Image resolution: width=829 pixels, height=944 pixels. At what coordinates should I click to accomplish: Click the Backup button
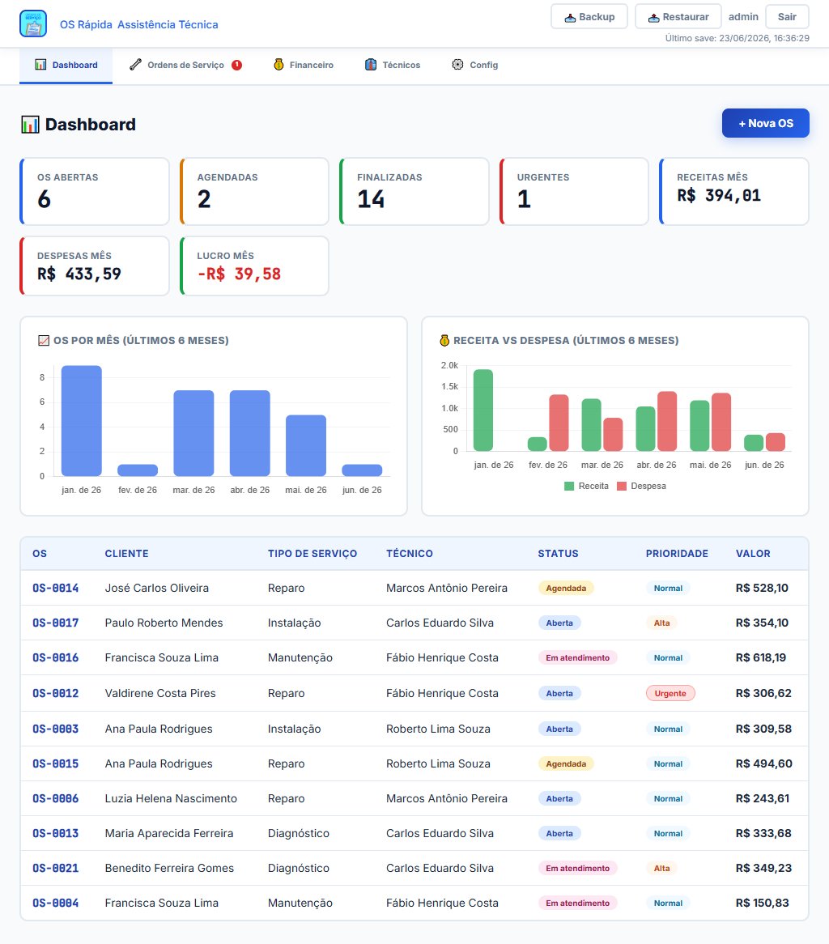point(589,17)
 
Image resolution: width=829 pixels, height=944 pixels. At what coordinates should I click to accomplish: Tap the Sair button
point(787,17)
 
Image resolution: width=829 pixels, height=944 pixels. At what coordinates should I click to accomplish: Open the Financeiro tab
point(304,65)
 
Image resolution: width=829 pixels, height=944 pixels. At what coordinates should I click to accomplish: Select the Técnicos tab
point(393,65)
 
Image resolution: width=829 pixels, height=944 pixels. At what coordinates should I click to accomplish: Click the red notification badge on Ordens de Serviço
point(237,65)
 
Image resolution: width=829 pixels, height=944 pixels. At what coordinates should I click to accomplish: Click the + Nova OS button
point(765,123)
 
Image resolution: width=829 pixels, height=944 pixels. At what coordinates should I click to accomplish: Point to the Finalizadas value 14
point(371,199)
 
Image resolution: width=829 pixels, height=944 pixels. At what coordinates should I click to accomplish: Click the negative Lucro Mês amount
point(239,274)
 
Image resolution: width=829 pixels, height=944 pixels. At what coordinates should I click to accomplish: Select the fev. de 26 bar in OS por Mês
point(138,470)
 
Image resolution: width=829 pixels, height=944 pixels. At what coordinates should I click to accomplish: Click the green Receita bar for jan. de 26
point(483,410)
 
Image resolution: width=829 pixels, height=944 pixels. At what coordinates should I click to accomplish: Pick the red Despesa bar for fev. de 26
point(559,423)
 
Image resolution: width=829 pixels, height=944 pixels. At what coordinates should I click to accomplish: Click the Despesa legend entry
point(641,486)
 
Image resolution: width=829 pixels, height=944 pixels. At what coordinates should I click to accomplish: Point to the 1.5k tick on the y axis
point(450,386)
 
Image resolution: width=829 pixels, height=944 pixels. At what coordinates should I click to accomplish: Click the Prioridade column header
point(677,553)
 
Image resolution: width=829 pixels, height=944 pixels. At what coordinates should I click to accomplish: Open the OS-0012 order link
point(55,693)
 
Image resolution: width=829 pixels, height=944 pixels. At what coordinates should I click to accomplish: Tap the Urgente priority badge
point(670,693)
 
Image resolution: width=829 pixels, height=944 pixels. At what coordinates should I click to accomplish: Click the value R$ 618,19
point(760,657)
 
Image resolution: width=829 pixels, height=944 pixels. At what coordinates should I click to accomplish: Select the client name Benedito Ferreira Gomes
point(169,868)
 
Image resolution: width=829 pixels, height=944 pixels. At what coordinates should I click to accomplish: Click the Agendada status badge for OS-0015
point(566,763)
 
